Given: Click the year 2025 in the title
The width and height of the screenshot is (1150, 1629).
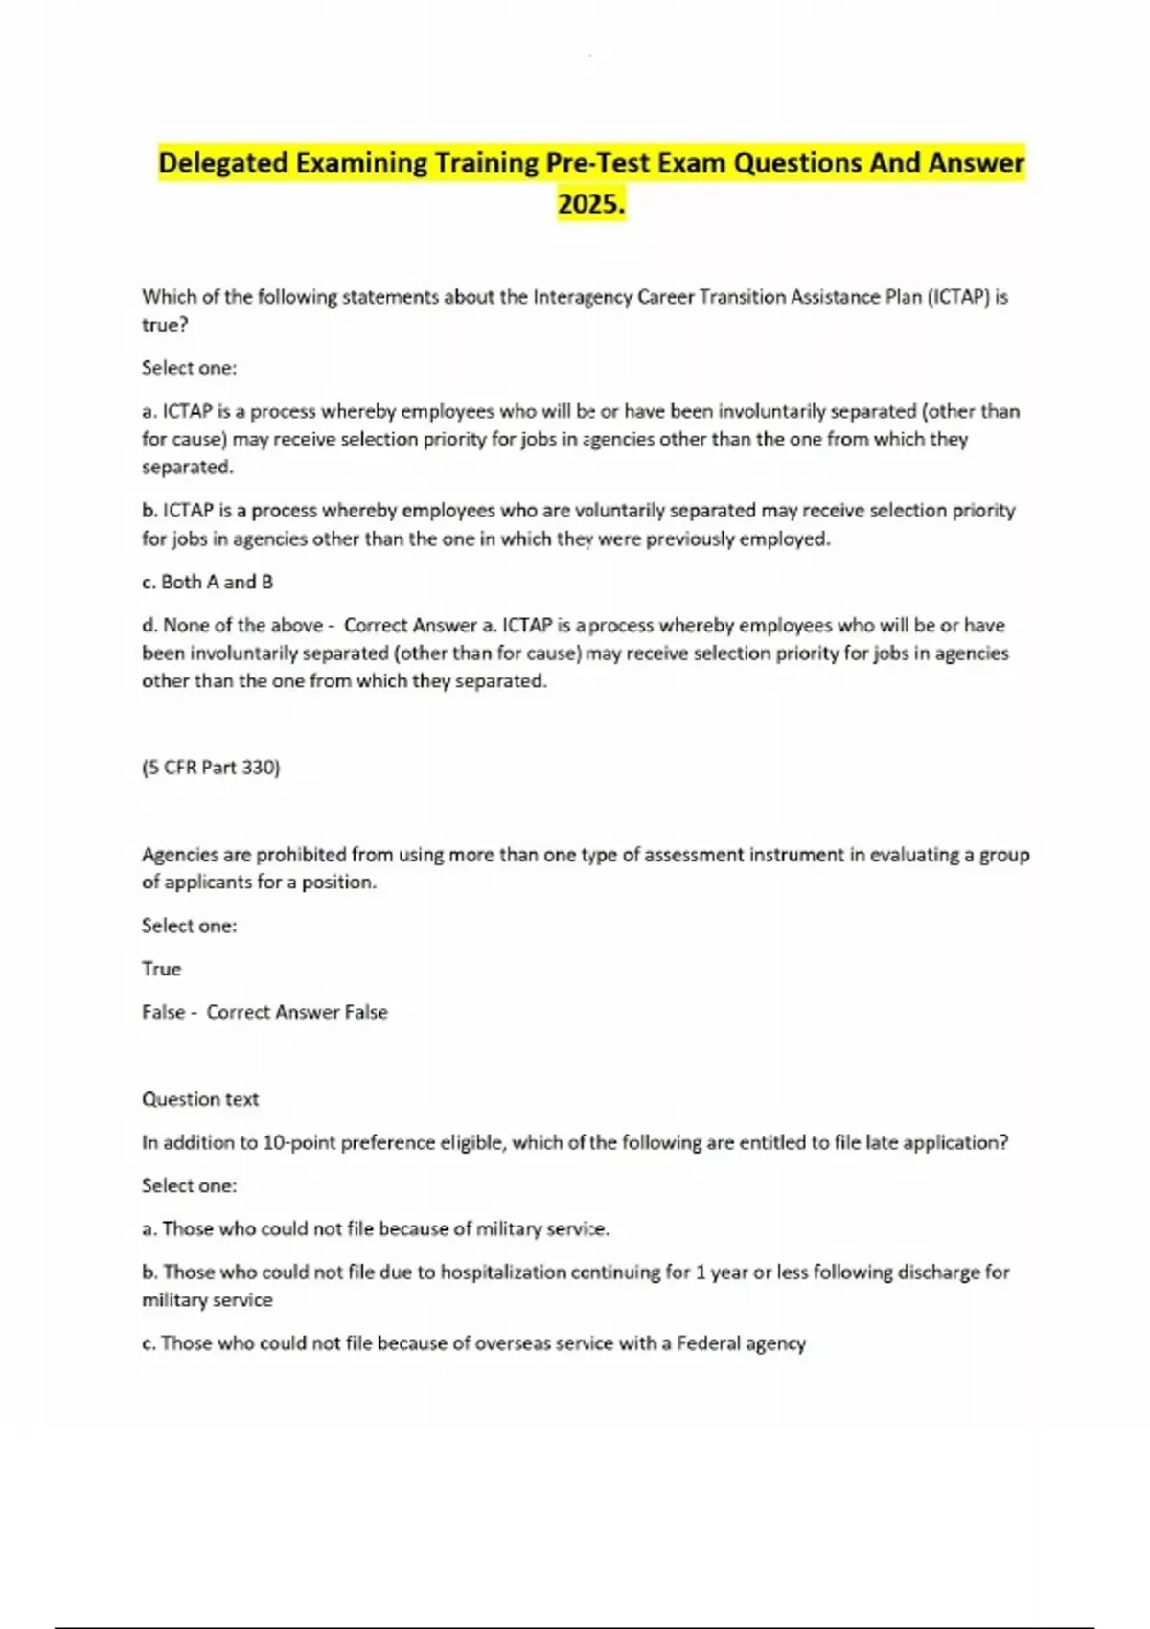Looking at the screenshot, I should pos(590,204).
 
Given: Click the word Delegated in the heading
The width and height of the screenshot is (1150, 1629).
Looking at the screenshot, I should pos(222,163).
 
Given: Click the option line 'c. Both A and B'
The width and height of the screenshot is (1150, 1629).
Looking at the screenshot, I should pos(207,582).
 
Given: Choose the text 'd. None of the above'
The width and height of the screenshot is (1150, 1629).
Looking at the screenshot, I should pos(233,625).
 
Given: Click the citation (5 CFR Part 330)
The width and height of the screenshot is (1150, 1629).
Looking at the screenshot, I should pos(211,768).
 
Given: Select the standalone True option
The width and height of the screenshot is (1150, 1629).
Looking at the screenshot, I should pos(161,969).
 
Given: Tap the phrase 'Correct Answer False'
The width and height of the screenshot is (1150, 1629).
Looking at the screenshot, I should pos(297,1012).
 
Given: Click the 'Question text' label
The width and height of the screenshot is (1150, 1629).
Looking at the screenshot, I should pos(200,1099).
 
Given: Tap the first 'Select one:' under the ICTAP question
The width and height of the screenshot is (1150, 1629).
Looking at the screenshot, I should pos(189,368).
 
